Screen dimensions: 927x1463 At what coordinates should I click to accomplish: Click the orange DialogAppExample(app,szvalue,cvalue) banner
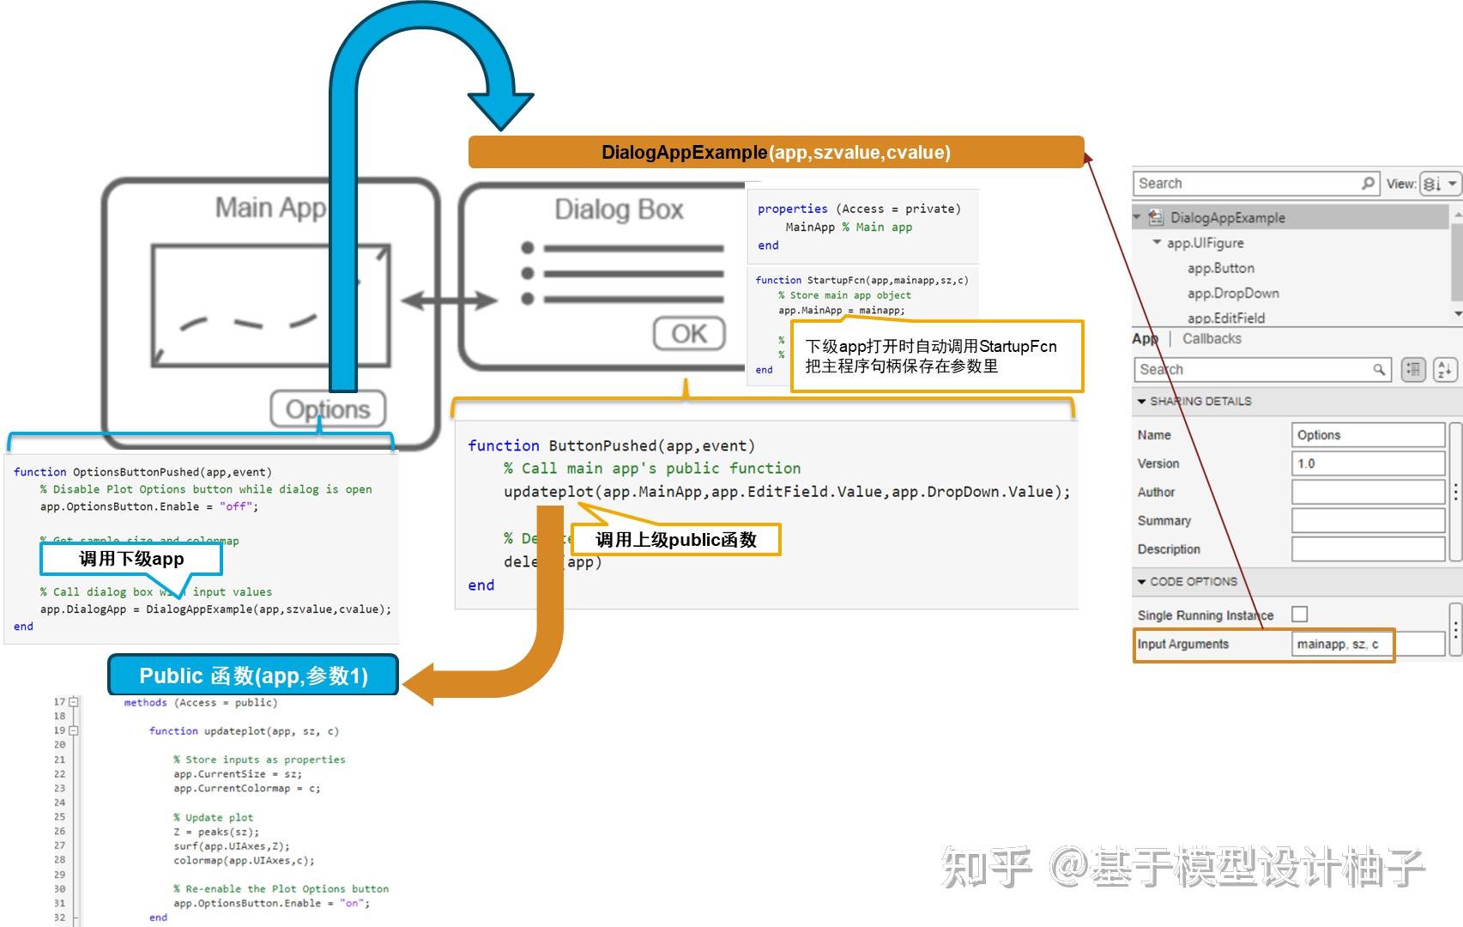click(x=776, y=153)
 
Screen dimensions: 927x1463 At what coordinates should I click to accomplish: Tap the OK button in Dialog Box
click(x=689, y=334)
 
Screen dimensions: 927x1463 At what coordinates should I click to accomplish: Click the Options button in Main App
click(x=328, y=409)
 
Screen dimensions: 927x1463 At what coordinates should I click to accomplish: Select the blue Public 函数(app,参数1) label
click(x=253, y=676)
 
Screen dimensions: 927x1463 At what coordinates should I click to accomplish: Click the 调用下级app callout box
click(x=131, y=559)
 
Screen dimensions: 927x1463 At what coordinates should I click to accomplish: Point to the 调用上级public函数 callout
click(x=676, y=540)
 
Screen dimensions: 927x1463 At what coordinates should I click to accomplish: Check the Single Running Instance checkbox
click(x=1300, y=615)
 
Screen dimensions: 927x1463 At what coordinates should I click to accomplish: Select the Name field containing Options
click(x=1368, y=435)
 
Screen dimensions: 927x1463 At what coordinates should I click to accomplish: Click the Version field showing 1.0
click(x=1368, y=463)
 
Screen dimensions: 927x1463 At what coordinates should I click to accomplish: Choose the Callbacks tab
click(x=1212, y=339)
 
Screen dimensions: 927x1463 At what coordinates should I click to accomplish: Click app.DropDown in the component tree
click(x=1233, y=294)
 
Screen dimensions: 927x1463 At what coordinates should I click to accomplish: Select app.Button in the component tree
click(x=1220, y=269)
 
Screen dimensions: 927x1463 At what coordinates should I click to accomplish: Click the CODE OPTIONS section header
click(x=1193, y=582)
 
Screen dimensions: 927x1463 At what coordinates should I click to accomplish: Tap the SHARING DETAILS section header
click(x=1200, y=402)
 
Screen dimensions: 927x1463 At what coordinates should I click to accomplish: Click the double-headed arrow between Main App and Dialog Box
click(x=449, y=300)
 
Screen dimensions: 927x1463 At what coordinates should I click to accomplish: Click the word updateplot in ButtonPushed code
click(x=548, y=492)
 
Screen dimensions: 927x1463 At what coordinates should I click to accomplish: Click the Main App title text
click(x=270, y=208)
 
